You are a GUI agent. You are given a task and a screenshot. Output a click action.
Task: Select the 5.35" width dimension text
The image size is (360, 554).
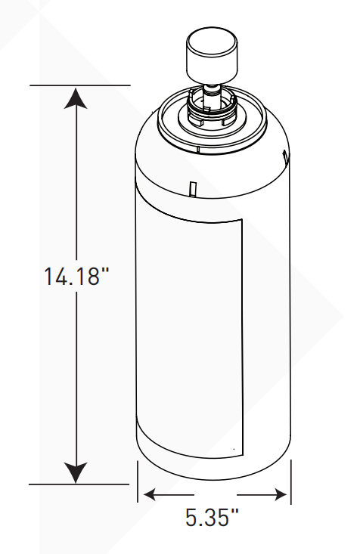213,518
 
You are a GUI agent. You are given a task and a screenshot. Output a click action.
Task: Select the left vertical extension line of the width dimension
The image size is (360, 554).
138,484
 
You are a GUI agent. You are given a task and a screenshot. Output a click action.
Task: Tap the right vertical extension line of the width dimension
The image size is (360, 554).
290,484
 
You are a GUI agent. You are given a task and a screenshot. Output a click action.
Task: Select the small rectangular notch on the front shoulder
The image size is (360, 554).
191,186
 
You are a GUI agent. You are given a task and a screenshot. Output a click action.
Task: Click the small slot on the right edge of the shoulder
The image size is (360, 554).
284,158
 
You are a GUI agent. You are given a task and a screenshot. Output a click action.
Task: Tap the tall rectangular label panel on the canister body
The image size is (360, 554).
189,333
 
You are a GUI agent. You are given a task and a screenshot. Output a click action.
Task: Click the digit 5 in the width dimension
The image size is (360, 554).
191,518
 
